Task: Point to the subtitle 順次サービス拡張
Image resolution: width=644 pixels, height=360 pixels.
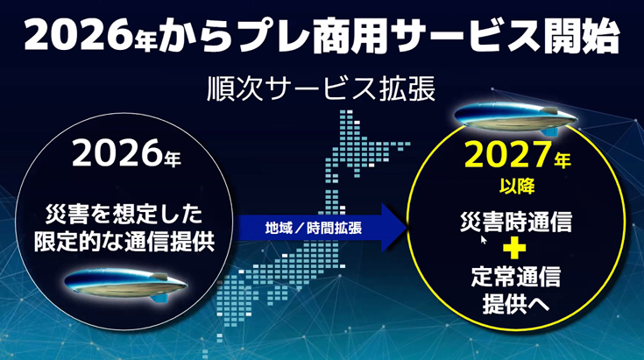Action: click(322, 88)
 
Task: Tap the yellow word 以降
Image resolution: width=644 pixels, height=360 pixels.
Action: click(517, 187)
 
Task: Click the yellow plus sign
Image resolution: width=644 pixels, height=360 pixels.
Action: click(514, 247)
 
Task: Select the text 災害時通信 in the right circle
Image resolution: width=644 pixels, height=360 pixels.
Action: click(516, 222)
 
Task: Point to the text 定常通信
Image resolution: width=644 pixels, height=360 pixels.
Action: click(516, 276)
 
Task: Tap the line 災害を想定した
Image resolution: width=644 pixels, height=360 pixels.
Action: click(124, 214)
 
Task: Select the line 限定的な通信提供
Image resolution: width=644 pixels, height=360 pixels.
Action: click(124, 242)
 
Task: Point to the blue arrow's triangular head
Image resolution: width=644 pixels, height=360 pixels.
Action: click(394, 228)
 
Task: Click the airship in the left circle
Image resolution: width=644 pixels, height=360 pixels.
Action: click(125, 284)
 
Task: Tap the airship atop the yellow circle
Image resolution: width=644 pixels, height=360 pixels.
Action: click(516, 118)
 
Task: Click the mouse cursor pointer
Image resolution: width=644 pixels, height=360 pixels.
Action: click(484, 239)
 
